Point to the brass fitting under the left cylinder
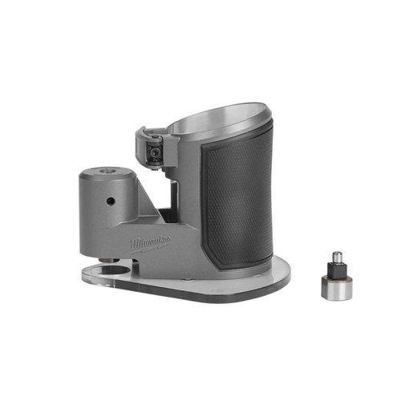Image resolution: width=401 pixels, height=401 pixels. click(107, 259)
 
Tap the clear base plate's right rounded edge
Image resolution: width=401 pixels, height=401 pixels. click(285, 277)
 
